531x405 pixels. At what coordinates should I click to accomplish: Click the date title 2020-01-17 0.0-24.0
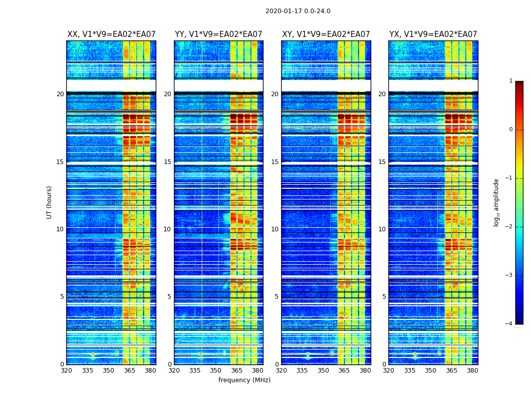tap(298, 11)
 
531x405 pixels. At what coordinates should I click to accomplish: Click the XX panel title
tap(111, 34)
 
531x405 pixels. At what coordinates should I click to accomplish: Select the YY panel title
tap(218, 34)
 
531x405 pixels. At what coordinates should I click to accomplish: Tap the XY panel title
tap(326, 34)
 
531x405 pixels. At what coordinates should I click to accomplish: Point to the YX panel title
tap(433, 34)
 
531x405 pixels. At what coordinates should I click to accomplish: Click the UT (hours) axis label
tap(50, 202)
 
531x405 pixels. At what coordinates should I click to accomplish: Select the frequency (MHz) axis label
tap(244, 380)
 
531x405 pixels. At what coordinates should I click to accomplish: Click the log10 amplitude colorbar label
tap(497, 202)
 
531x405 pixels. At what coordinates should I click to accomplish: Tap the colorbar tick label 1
tap(511, 81)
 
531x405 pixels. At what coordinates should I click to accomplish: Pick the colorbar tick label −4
tap(509, 324)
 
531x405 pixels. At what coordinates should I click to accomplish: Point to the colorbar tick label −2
tap(509, 227)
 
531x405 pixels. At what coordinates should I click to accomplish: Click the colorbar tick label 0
tap(511, 130)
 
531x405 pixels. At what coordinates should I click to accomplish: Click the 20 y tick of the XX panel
tap(60, 94)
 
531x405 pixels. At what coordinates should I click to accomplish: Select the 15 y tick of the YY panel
tap(167, 162)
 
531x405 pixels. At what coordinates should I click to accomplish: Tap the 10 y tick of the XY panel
tap(275, 229)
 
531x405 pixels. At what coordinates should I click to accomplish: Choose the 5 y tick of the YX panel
tap(384, 297)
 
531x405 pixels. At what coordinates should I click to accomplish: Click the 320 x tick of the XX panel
tap(66, 371)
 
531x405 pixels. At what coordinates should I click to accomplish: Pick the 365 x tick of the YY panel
tap(237, 371)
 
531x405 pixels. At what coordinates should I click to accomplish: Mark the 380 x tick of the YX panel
tap(472, 371)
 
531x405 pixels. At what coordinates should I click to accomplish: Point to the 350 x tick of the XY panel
tap(323, 371)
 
